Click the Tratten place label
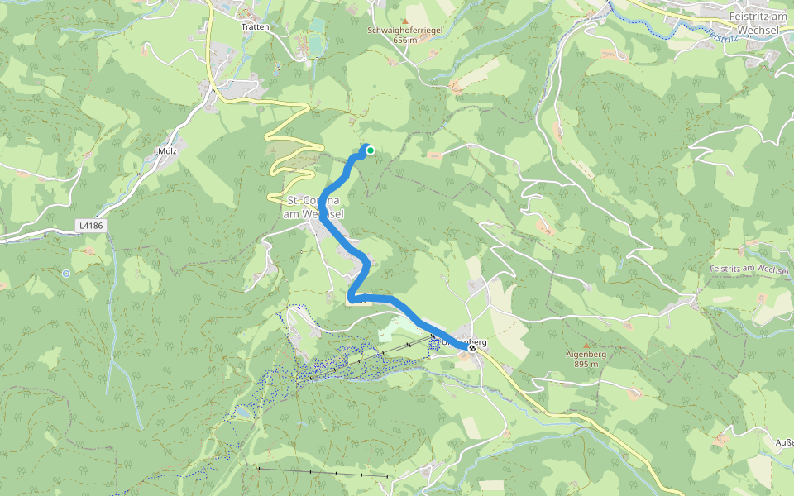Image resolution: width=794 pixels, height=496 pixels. pos(255,26)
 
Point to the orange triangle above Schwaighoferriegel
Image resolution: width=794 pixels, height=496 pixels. pos(405,21)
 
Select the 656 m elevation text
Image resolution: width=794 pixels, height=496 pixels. pos(405,40)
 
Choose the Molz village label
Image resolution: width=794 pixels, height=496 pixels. pos(168,151)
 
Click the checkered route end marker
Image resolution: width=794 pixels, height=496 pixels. pos(472,349)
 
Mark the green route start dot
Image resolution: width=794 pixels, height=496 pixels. pos(371,150)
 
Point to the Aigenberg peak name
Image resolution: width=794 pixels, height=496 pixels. pos(586,354)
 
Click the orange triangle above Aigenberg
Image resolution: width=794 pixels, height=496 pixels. pos(586,345)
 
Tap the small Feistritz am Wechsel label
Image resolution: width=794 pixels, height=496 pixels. pos(749,270)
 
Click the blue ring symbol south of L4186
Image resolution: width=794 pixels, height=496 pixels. pos(66,273)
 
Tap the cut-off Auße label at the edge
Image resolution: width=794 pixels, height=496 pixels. pos(784,442)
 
